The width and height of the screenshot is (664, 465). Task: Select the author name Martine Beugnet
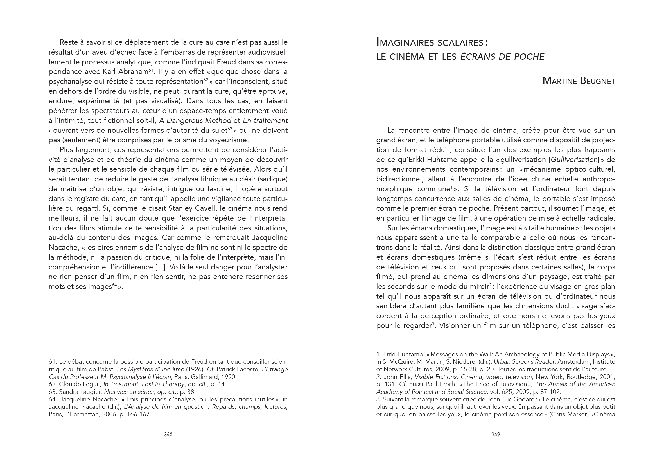click(579, 81)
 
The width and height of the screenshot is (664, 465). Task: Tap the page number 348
click(168, 434)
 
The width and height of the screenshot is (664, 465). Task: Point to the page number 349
click(495, 434)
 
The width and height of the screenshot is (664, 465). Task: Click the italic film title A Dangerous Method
click(195, 120)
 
